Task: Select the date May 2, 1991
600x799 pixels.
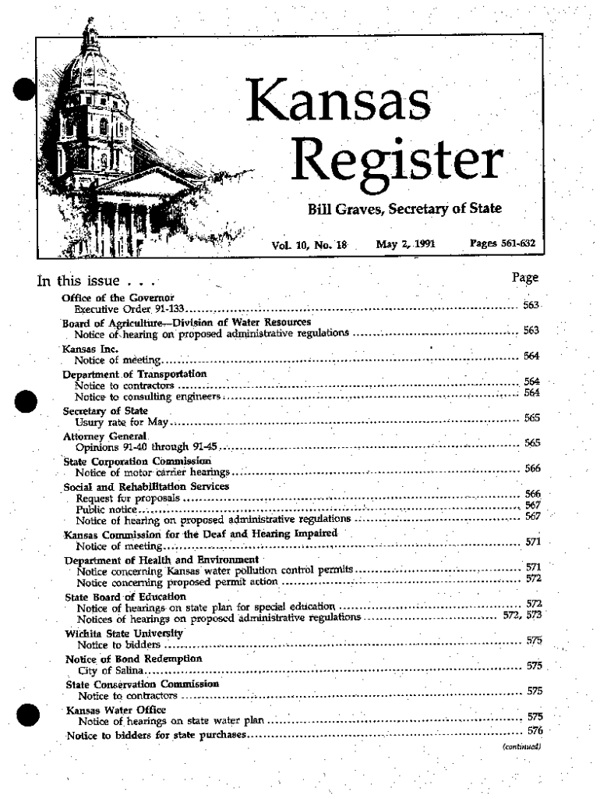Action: tap(406, 243)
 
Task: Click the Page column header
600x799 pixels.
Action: tap(525, 278)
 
